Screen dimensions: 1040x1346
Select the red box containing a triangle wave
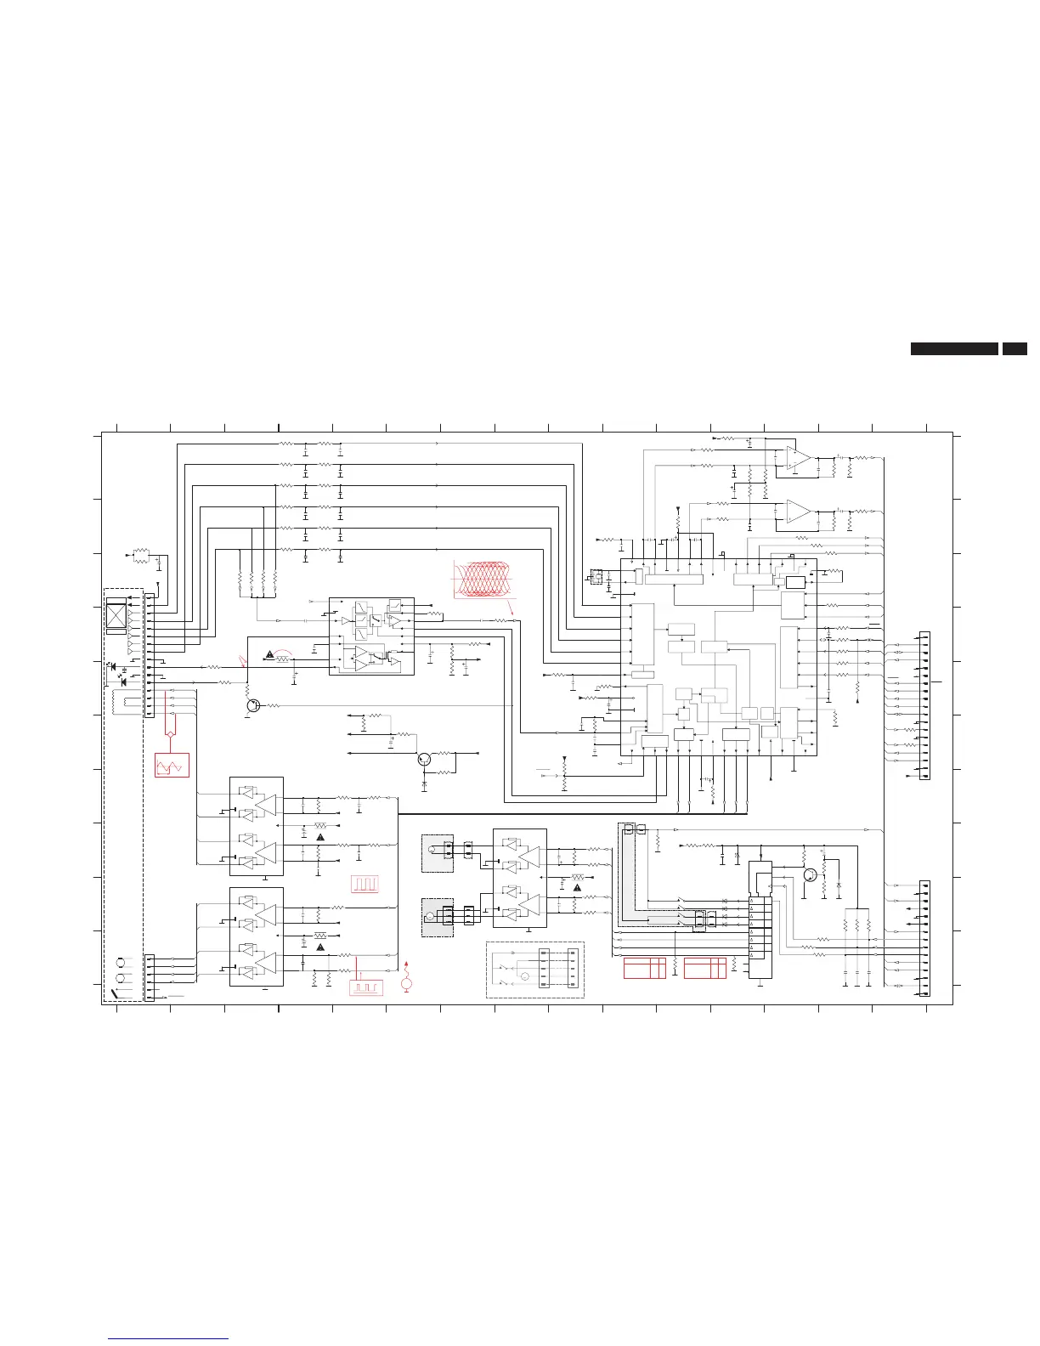click(x=172, y=765)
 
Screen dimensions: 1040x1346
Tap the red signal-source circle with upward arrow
click(x=406, y=983)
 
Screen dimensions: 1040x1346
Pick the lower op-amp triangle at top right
click(x=797, y=511)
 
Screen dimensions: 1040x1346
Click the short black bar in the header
click(x=1015, y=348)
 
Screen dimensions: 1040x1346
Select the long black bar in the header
click(x=954, y=348)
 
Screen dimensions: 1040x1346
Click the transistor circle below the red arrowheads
click(x=252, y=706)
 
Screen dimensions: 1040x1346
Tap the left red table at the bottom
click(x=644, y=968)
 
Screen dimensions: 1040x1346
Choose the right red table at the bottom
click(x=705, y=968)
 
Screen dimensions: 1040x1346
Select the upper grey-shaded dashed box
click(x=438, y=853)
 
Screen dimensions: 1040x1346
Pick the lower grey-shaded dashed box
click(x=438, y=919)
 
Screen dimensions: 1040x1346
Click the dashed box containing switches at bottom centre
click(x=534, y=970)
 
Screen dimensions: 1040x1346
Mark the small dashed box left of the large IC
click(x=596, y=577)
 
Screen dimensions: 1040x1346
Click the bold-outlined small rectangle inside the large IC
click(x=795, y=582)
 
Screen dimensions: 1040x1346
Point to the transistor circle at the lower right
click(x=810, y=874)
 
